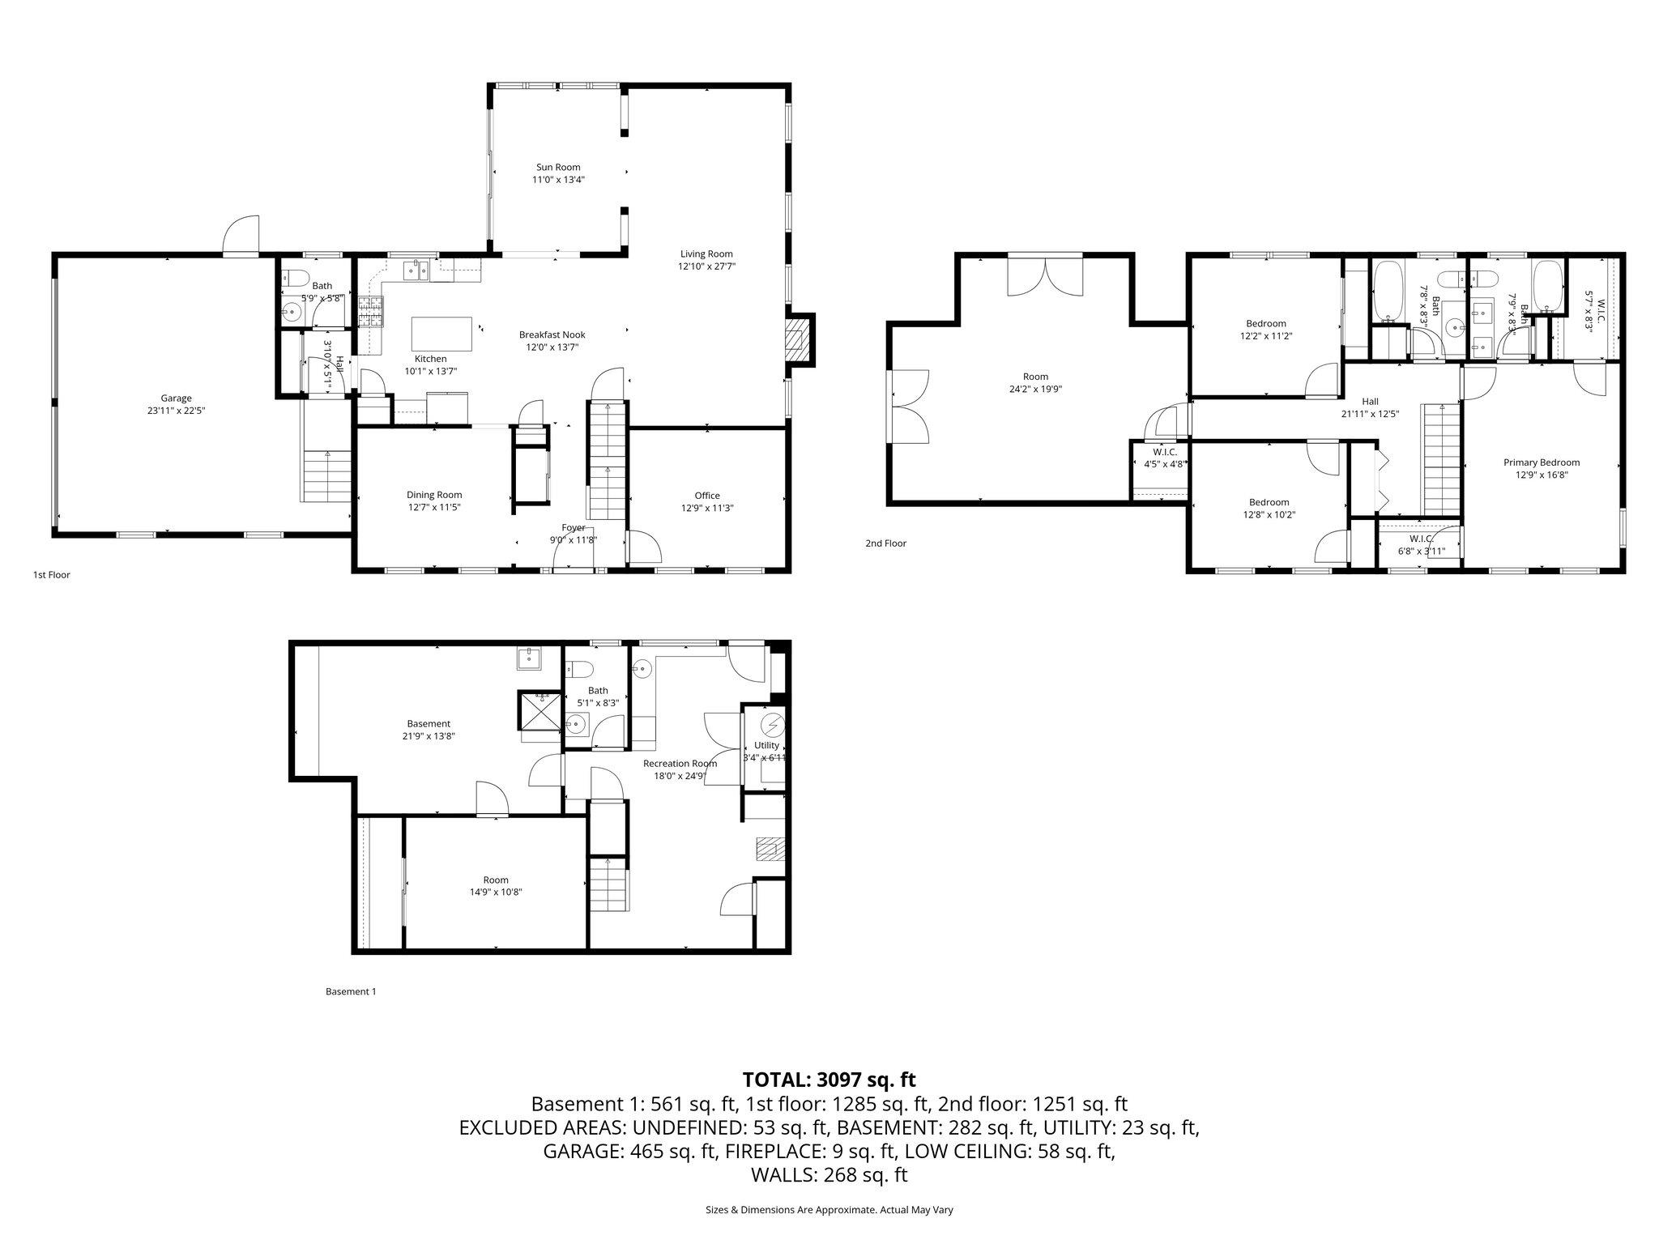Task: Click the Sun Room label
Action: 558,168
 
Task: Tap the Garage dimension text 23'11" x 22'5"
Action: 176,410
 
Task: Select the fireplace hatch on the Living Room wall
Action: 798,339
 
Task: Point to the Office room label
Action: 706,496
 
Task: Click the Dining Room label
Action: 434,495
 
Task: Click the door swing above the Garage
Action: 243,235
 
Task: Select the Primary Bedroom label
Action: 1542,462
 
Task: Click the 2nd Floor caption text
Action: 885,543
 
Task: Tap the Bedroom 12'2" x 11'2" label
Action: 1265,324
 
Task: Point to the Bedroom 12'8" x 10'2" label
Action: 1269,502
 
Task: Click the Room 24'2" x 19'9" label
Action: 1035,377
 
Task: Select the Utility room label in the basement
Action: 766,745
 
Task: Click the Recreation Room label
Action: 680,763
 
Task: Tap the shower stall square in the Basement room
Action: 539,709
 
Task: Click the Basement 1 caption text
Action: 351,991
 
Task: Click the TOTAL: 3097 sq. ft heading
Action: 829,1080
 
